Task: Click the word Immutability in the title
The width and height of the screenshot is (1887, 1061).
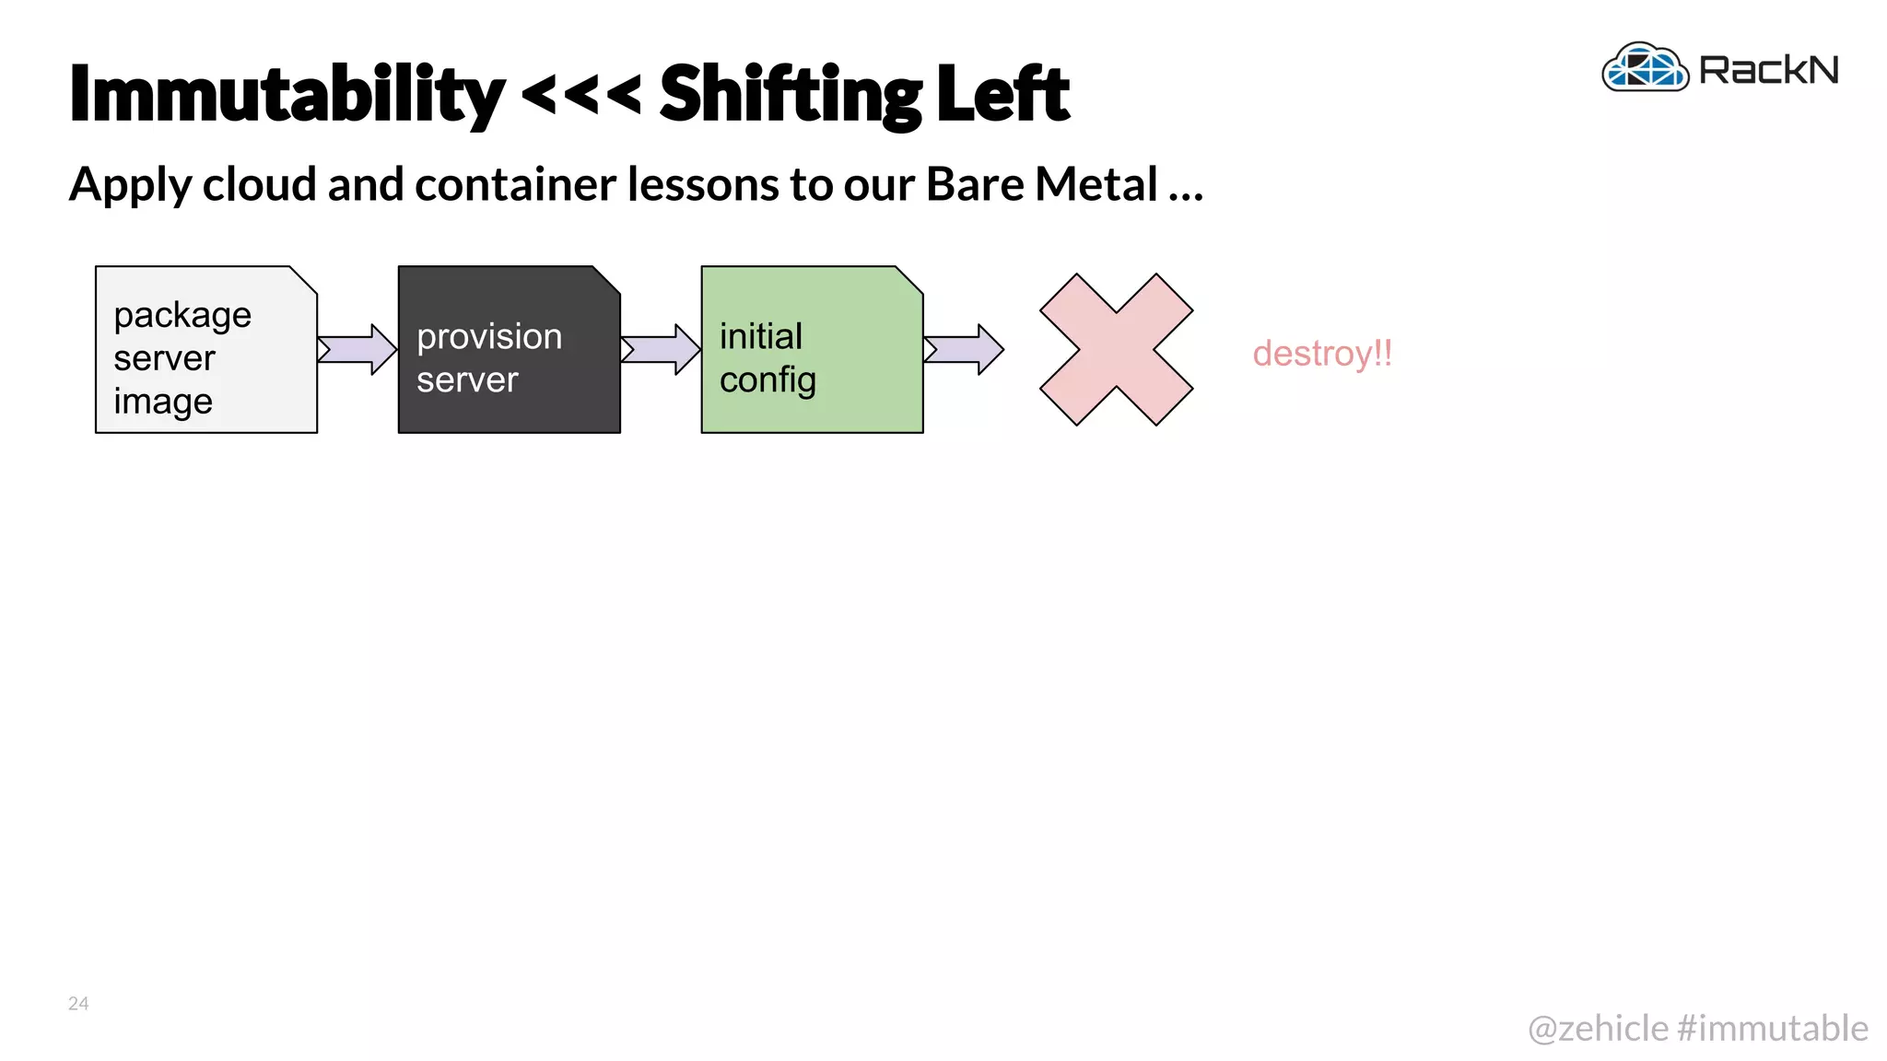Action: coord(287,94)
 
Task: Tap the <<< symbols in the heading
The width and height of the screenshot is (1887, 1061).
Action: coord(581,94)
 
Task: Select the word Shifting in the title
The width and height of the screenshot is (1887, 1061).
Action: coord(791,94)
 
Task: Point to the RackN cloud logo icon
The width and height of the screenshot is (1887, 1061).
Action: coord(1645,68)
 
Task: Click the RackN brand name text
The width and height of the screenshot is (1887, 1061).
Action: coord(1768,70)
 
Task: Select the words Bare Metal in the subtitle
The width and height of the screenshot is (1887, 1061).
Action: coord(1041,184)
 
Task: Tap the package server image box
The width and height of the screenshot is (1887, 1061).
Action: coord(205,350)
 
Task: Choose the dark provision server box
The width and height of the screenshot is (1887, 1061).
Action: coord(509,350)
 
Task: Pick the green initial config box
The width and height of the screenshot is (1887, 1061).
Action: coord(812,350)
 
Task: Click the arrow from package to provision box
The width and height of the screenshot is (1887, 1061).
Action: coord(357,350)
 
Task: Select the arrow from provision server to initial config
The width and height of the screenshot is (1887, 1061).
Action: coord(661,350)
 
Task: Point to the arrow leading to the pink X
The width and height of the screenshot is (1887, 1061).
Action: coord(964,350)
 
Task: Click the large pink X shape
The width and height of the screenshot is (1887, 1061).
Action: coord(1116,350)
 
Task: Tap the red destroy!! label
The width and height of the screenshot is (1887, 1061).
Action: coord(1322,354)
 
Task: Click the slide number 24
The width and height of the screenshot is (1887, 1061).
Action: coord(78,1003)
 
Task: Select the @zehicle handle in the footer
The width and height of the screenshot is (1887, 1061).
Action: coord(1598,1028)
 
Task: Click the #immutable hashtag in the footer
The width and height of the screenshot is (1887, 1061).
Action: coord(1773,1028)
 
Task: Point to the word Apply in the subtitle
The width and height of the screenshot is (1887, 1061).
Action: coord(130,186)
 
